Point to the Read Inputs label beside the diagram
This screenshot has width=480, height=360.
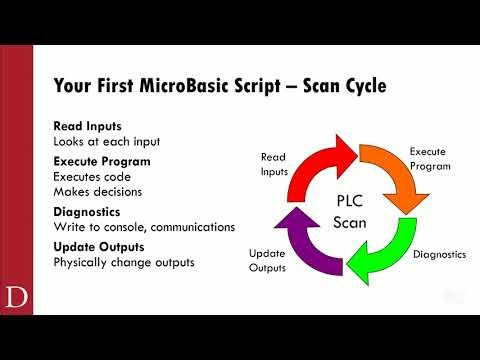point(273,164)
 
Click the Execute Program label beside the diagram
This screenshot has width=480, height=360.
point(427,158)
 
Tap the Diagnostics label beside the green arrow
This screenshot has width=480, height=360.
point(440,255)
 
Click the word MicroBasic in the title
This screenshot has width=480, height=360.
point(186,86)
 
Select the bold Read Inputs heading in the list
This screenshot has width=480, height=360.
point(87,126)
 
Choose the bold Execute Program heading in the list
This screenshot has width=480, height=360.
point(101,159)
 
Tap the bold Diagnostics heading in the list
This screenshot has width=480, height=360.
point(88,212)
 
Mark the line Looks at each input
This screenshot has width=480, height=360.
point(107,141)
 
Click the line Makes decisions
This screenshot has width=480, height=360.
point(97,192)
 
